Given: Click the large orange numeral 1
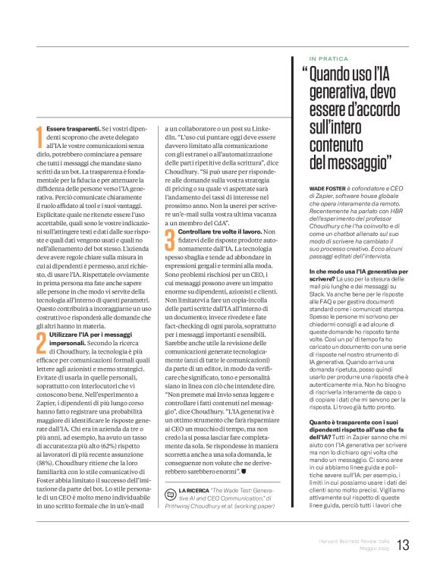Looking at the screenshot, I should tap(39, 138).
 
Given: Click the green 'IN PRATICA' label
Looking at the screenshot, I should tap(328, 58).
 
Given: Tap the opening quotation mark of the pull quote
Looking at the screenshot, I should tap(304, 74).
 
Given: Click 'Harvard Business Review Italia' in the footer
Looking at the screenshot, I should tap(354, 540).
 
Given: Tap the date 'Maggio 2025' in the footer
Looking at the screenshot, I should tap(371, 548).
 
